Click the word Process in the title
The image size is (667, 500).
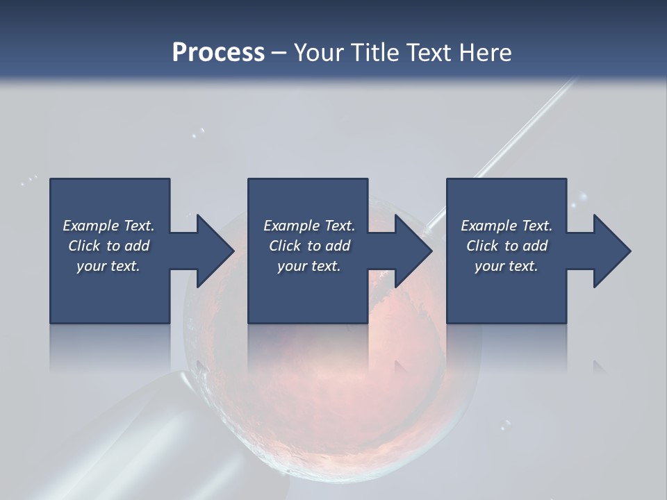(218, 53)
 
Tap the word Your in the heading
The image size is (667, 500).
(317, 53)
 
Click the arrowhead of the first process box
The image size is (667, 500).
(211, 251)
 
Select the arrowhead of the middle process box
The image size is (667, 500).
(409, 251)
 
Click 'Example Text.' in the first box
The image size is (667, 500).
(108, 226)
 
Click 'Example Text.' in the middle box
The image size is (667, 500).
(309, 226)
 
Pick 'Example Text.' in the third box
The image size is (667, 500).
(507, 226)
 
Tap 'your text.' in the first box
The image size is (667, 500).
(108, 266)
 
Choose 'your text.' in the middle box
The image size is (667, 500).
(309, 266)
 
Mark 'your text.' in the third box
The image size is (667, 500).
(507, 266)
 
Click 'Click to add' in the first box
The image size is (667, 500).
(108, 246)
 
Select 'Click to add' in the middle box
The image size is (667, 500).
(309, 246)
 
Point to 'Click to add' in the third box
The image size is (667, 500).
(507, 246)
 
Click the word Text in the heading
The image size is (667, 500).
(426, 53)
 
